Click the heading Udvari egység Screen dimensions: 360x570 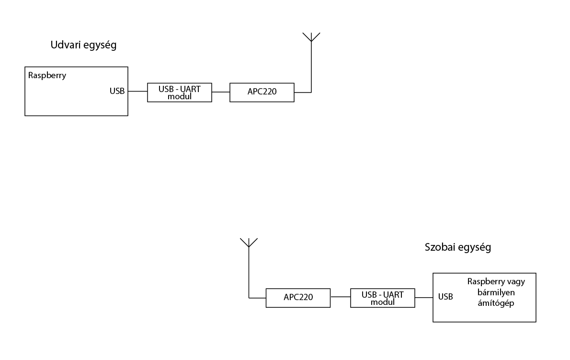click(84, 46)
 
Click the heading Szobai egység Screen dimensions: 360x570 click(458, 247)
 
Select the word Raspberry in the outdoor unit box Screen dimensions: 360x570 click(47, 75)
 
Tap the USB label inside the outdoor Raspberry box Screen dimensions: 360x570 click(117, 91)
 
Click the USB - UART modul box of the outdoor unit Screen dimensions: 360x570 click(179, 92)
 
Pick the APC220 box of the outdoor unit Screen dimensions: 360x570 click(262, 92)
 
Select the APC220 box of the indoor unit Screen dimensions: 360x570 click(298, 297)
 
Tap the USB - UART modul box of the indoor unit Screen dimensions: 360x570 click(383, 298)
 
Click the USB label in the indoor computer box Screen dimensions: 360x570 click(445, 297)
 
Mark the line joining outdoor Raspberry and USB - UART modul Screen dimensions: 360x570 click(137, 91)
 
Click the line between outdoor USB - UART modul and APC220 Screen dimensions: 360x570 click(220, 92)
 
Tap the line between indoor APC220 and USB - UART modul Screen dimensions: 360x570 click(340, 297)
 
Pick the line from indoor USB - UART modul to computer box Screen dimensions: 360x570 click(424, 297)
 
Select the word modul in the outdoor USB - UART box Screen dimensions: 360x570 click(179, 96)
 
